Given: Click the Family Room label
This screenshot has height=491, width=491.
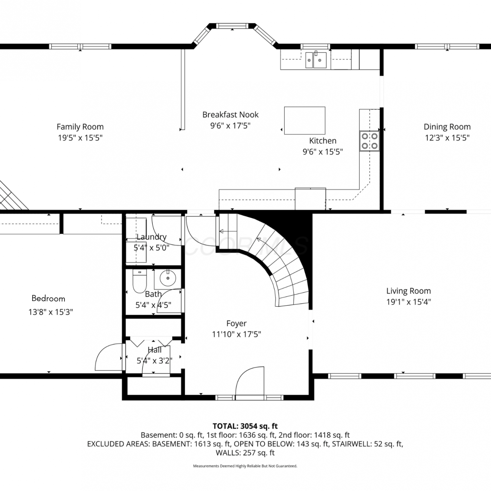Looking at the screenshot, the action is click(x=80, y=127).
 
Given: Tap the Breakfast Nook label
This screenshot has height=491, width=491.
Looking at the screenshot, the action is click(x=230, y=115).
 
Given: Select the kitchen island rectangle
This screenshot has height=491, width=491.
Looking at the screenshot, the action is click(x=305, y=120).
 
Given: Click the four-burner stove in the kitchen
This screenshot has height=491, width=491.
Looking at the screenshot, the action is click(x=370, y=141).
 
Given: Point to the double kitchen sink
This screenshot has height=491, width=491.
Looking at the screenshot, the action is click(x=316, y=60).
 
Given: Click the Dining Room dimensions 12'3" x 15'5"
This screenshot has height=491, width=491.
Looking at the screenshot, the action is click(x=447, y=138).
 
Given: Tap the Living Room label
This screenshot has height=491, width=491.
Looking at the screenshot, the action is click(x=409, y=291).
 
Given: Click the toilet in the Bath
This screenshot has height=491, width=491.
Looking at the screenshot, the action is click(x=139, y=281).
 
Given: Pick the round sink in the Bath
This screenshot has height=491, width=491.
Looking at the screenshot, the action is click(x=168, y=279).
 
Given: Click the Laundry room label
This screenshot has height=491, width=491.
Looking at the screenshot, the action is click(x=152, y=237).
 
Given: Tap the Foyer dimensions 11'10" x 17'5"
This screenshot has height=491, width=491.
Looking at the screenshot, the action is click(x=236, y=334).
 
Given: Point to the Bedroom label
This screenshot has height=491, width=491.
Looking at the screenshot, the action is click(x=48, y=299).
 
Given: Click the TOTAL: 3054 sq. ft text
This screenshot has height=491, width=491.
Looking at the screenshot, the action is click(x=245, y=426).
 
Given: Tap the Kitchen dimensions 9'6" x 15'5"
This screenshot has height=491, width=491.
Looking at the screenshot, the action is click(x=323, y=152).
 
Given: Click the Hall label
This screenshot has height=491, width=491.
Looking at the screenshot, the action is click(x=155, y=350).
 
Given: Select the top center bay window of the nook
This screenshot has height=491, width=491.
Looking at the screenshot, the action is click(x=232, y=26).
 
